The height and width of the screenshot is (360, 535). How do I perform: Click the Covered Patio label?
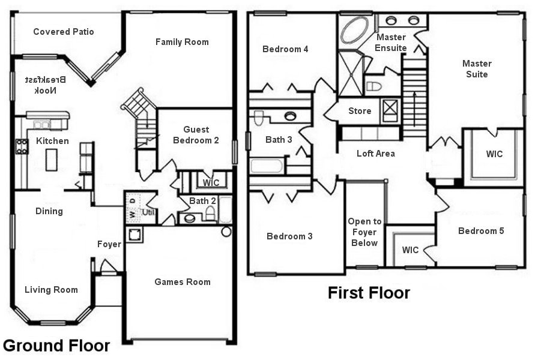(63, 32)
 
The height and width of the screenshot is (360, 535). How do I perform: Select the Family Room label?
(182, 42)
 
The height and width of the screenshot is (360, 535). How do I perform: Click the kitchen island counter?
(52, 159)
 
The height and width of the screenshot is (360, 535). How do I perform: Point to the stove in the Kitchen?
(22, 146)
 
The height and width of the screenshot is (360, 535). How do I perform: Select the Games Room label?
(183, 282)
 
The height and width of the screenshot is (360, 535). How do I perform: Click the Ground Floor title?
(56, 346)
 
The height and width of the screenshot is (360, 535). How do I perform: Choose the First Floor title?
(369, 293)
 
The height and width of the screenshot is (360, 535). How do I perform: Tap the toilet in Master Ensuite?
(373, 86)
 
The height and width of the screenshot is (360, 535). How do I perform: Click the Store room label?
(360, 111)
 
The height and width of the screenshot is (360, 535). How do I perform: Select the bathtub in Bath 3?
(267, 165)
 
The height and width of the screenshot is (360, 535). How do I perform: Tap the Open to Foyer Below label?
(364, 232)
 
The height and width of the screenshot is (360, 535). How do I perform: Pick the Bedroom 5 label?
(481, 231)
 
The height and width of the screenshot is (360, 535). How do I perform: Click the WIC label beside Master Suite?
(494, 154)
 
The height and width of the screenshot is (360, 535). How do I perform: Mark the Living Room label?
(51, 290)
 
